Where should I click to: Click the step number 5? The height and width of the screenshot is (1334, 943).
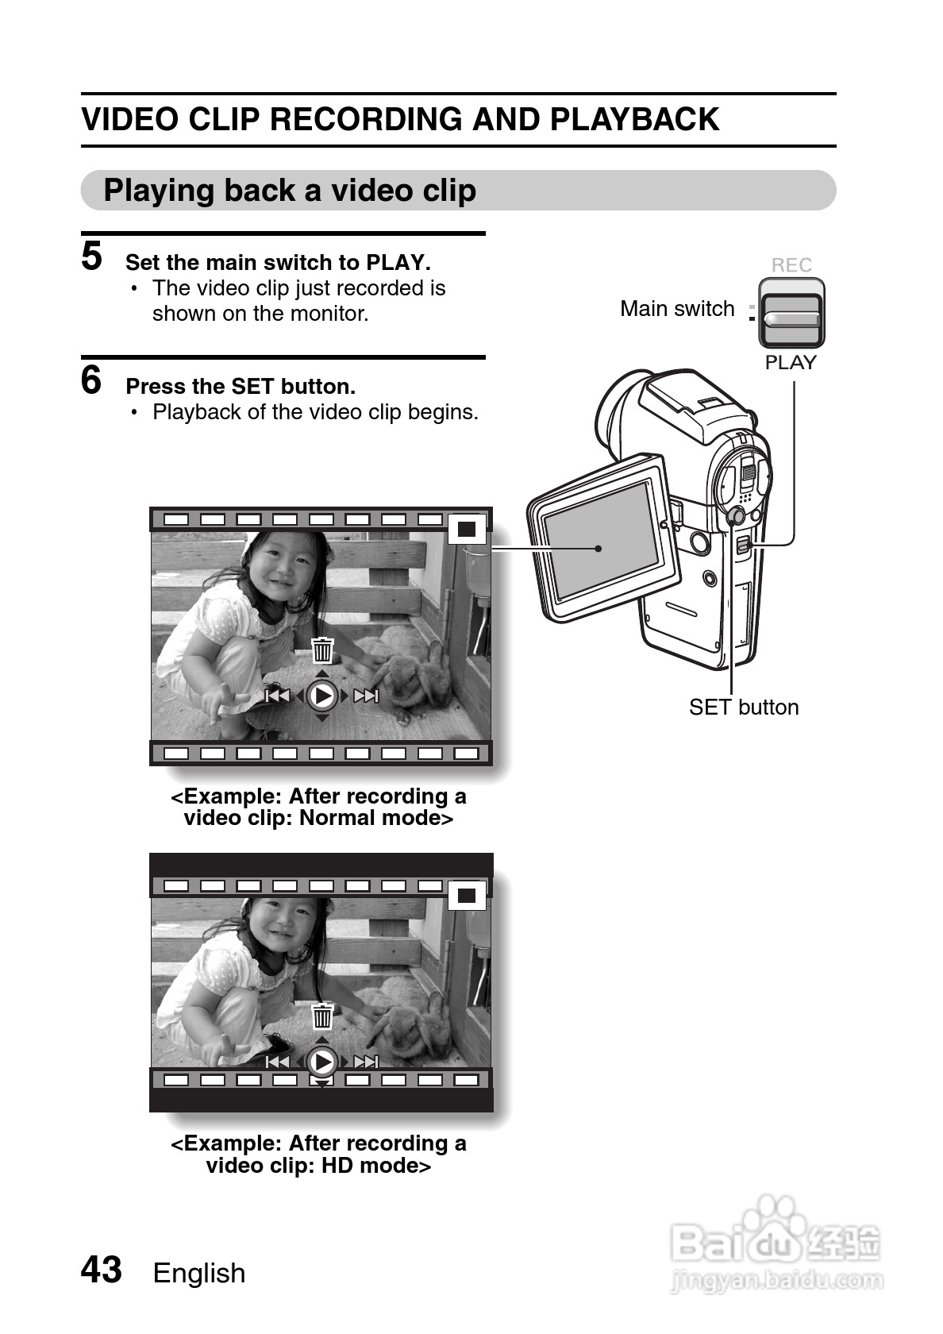[92, 256]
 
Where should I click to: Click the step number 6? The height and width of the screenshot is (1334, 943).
[91, 380]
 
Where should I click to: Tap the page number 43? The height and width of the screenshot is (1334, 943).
[102, 1269]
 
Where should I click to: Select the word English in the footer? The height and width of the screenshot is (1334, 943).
[199, 1274]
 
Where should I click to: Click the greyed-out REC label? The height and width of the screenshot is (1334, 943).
[791, 265]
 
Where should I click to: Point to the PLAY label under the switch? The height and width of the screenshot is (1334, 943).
[791, 362]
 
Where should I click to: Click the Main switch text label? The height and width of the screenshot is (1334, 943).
[678, 308]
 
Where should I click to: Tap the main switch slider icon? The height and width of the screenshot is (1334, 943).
[791, 313]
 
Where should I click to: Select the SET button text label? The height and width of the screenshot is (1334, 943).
[744, 707]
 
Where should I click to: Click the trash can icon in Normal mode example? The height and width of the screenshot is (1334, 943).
[322, 650]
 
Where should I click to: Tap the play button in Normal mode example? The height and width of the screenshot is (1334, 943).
[322, 696]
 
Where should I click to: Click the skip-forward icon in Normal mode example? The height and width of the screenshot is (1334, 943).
[365, 696]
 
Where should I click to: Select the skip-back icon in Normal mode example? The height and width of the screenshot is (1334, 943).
[277, 696]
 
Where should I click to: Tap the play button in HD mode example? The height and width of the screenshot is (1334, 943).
[322, 1062]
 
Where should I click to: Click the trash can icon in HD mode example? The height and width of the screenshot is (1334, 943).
[322, 1016]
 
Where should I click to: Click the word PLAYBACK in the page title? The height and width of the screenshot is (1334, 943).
[635, 119]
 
